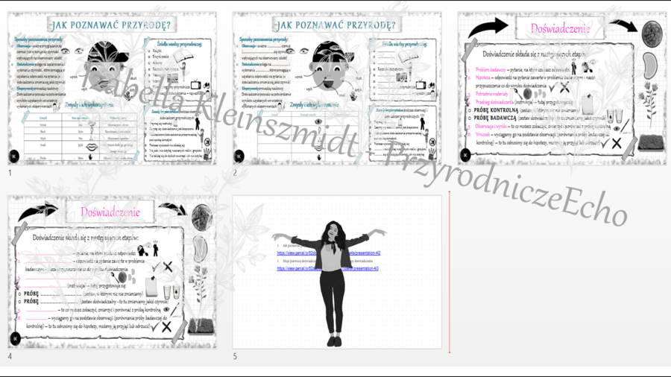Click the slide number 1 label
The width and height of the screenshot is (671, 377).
pos(10,173)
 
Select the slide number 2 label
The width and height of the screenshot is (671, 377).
pos(236,173)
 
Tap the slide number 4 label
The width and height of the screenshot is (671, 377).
pos(10,356)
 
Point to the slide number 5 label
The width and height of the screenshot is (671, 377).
pos(236,356)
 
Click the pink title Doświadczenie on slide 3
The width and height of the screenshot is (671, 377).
pos(560,29)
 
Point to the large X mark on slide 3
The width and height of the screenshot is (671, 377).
pos(617,142)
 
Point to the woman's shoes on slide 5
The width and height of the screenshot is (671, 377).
pos(334,341)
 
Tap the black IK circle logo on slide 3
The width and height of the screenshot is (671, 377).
pos(466,156)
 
